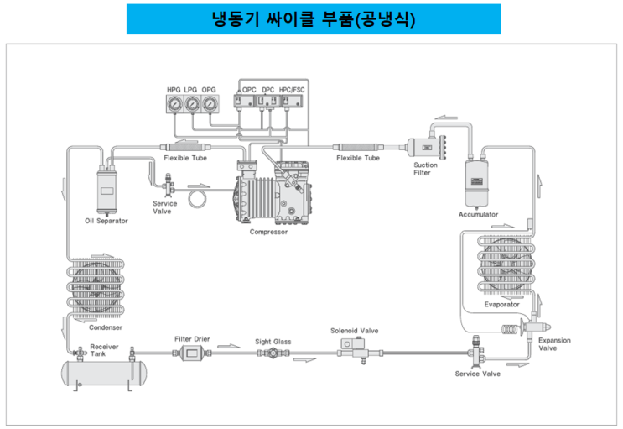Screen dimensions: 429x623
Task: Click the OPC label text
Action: (x=249, y=88)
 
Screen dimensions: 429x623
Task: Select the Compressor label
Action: (x=268, y=232)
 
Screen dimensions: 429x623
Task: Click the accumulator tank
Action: (x=477, y=180)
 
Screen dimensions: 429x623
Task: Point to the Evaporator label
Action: (x=501, y=304)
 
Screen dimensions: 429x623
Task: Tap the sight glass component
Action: (x=273, y=354)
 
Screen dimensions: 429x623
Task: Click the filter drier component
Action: (x=191, y=354)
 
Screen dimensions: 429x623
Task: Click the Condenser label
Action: (x=106, y=327)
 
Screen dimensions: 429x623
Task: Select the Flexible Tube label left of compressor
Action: (x=185, y=158)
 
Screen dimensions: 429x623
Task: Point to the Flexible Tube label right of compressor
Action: (x=358, y=158)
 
